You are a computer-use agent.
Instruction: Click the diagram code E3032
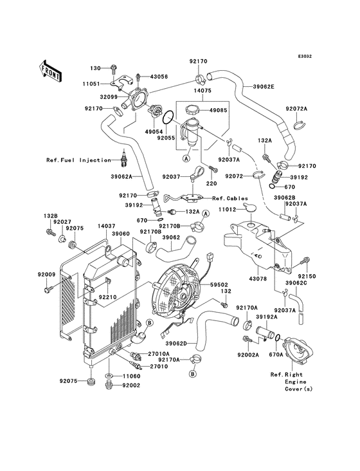tap(305, 56)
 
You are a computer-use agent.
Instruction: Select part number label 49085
tap(219, 110)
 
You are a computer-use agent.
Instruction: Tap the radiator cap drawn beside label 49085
tap(192, 110)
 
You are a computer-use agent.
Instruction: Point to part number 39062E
tap(264, 86)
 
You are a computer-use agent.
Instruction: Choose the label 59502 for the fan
tap(219, 284)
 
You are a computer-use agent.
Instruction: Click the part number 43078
tap(258, 279)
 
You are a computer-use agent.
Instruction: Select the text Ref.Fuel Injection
tap(78, 160)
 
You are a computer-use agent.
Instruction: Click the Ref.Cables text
tap(230, 198)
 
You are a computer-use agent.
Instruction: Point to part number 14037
tap(107, 226)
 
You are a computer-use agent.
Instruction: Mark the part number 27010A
tap(158, 354)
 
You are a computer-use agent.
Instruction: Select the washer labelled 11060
tap(109, 376)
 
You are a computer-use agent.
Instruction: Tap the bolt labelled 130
tap(114, 69)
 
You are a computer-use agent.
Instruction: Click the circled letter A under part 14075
tap(186, 158)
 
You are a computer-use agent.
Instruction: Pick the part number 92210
tap(108, 297)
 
